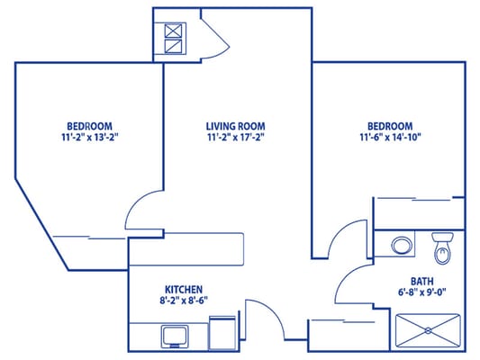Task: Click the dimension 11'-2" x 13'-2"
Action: tap(88, 138)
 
